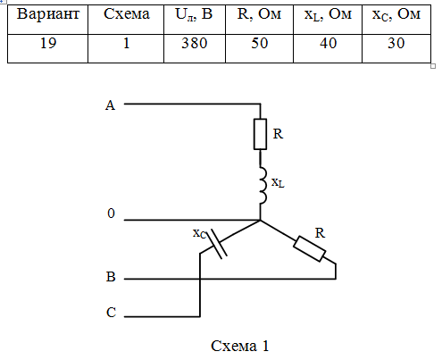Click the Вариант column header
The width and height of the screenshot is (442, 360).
click(x=48, y=14)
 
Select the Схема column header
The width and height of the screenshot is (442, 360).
click(x=127, y=14)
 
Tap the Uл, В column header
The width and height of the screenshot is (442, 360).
click(x=194, y=14)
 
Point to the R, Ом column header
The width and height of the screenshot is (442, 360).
click(x=259, y=14)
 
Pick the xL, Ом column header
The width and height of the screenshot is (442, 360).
click(x=328, y=14)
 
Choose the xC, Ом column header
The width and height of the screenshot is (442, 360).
click(x=396, y=14)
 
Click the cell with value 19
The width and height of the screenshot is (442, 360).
click(x=48, y=43)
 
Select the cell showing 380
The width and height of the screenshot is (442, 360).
click(x=195, y=43)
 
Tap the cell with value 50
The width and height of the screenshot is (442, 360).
click(x=260, y=43)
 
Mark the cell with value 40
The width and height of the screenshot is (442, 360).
click(x=329, y=43)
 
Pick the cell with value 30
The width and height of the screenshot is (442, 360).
click(x=396, y=43)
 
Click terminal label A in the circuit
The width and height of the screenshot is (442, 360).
click(x=110, y=105)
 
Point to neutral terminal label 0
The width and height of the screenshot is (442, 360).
click(x=111, y=213)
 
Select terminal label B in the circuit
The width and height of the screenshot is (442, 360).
click(x=111, y=277)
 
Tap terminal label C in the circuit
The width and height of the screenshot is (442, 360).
click(x=111, y=313)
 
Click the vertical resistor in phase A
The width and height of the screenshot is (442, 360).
click(x=260, y=134)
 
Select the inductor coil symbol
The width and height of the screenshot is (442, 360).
click(x=263, y=185)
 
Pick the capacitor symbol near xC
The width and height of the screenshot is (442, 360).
click(x=216, y=244)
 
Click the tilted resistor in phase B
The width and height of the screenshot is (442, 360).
click(x=309, y=248)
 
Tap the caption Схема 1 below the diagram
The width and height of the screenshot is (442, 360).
click(x=240, y=346)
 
